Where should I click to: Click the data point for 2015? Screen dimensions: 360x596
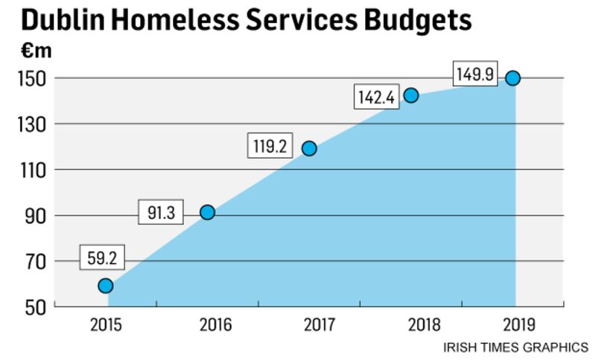coord(106,285)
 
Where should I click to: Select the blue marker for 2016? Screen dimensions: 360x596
coord(207,212)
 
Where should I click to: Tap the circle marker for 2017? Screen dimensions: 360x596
coord(309,148)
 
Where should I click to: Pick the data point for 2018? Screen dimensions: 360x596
coord(411,95)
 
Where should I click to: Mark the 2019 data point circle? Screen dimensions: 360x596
coord(513,78)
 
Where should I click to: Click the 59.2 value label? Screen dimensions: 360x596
coord(104,259)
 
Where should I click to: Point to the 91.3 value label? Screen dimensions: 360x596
coord(161,213)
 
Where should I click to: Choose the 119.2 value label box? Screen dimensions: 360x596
coord(270,147)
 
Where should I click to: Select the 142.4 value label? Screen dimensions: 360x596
coord(374,98)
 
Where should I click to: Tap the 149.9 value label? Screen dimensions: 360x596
coord(475,75)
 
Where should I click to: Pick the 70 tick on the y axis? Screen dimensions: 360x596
coord(34,262)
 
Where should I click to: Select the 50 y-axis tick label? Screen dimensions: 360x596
coord(34,307)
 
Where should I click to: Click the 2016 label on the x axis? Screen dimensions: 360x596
coord(207,325)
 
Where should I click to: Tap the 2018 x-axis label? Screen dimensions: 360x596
coord(411,325)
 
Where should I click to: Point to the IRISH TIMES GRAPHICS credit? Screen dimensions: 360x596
coord(516,347)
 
